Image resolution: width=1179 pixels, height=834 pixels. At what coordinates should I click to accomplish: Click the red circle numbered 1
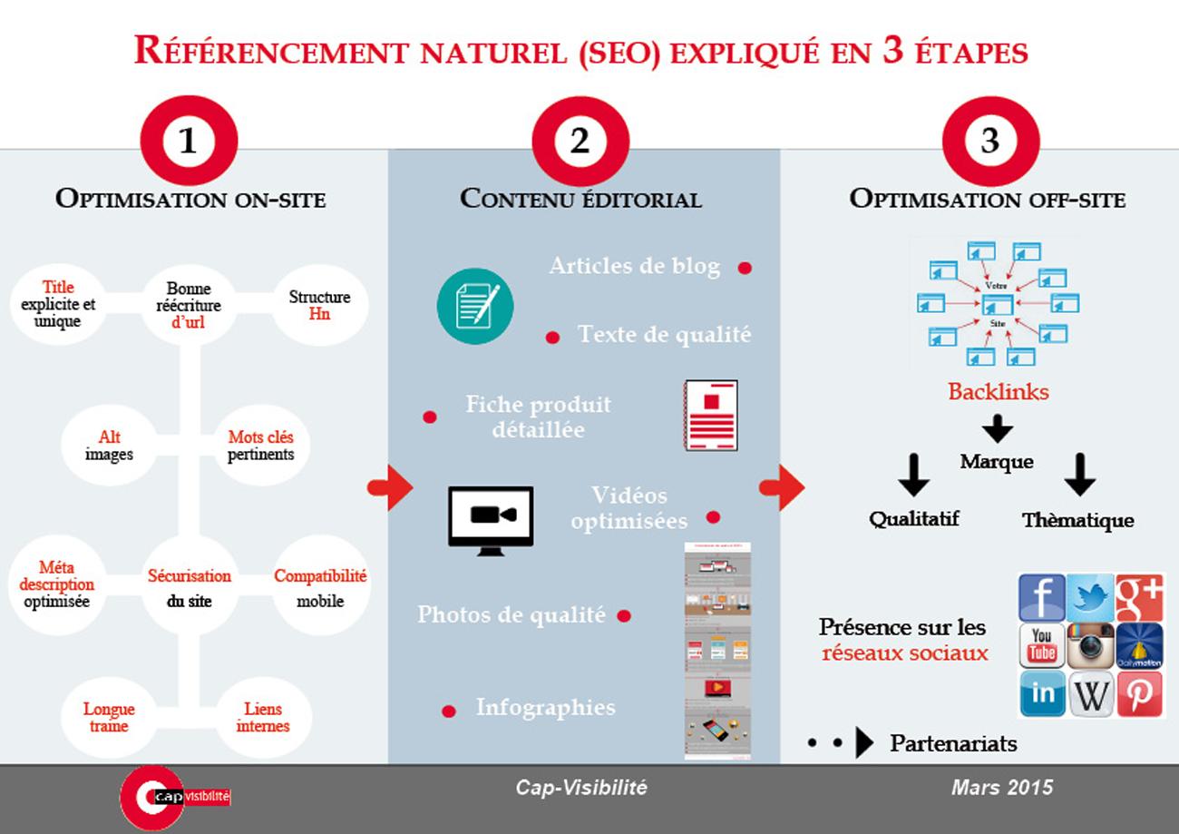(189, 141)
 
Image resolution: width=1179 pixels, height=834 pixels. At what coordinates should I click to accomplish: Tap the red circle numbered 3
(989, 141)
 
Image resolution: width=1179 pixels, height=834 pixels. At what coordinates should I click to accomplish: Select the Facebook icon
(1041, 597)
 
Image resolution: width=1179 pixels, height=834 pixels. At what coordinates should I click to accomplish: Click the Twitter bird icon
(1090, 597)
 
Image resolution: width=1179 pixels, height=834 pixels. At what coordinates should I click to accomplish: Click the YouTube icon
(1041, 645)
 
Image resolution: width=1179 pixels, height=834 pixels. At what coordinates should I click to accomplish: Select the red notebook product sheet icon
(710, 415)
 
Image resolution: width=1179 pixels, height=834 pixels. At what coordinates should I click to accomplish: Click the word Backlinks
(999, 392)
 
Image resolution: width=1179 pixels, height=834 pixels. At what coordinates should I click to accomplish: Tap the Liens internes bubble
(263, 717)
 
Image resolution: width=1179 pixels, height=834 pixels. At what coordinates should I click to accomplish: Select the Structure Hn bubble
(319, 305)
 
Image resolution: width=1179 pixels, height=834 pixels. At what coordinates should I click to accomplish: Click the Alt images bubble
(109, 446)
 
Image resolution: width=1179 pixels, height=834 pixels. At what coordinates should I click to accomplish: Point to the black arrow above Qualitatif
(913, 475)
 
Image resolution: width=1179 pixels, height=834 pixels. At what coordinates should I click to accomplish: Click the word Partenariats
(953, 744)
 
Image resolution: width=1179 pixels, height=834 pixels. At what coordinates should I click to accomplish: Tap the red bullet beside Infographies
(448, 711)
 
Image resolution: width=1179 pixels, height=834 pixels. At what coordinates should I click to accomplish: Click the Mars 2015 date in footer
(1002, 787)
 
